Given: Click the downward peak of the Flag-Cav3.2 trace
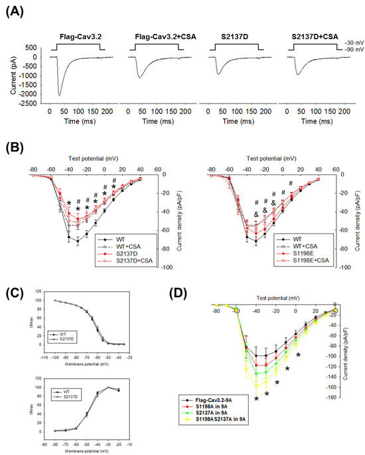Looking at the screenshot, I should click(x=59, y=95).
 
